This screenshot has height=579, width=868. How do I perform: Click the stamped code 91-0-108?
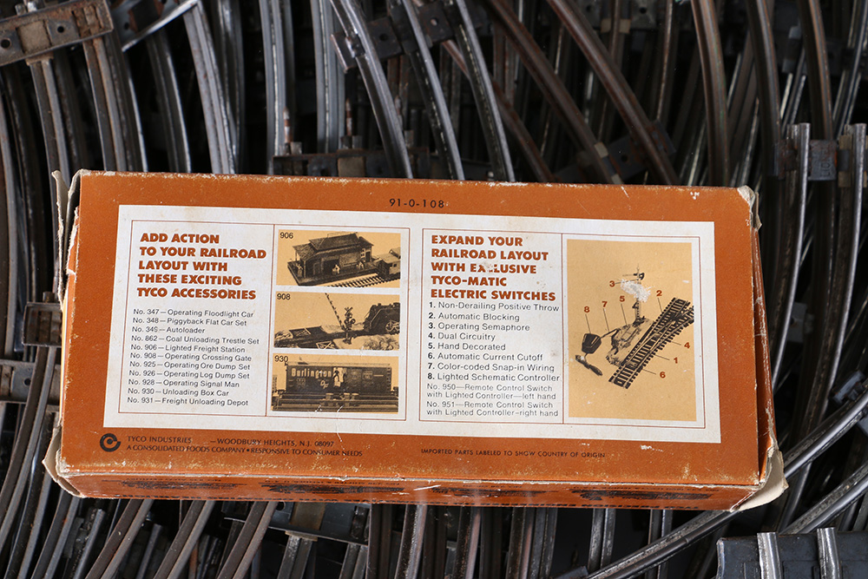tap(417, 203)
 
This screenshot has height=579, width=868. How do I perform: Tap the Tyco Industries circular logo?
tap(110, 442)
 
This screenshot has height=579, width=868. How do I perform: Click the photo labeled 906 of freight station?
tap(338, 257)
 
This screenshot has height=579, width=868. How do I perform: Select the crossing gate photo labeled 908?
tap(337, 321)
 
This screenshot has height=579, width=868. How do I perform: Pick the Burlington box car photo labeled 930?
tap(335, 383)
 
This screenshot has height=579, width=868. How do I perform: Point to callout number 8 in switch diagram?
tap(587, 308)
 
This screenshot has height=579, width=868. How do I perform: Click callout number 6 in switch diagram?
tap(662, 374)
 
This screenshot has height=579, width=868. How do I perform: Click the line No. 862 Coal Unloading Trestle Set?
tap(195, 341)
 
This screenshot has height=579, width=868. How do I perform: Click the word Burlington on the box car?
tap(305, 371)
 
